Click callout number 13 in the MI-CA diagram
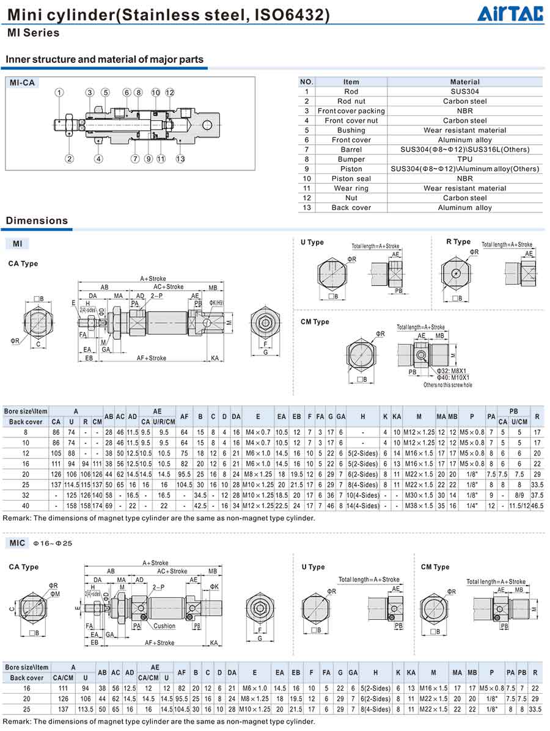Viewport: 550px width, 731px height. click(x=180, y=159)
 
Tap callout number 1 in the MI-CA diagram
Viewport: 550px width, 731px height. click(x=59, y=93)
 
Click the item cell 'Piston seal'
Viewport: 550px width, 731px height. click(x=351, y=178)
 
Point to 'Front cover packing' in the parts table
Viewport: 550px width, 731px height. click(x=351, y=111)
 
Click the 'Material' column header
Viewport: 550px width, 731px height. click(x=464, y=82)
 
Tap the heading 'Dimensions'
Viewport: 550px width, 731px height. click(x=37, y=220)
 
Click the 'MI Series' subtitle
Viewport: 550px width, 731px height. click(x=33, y=33)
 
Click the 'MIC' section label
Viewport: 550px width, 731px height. click(x=17, y=543)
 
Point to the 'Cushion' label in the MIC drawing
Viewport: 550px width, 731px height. click(x=164, y=626)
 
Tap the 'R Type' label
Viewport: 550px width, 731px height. click(x=458, y=242)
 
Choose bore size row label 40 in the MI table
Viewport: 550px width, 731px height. click(x=26, y=505)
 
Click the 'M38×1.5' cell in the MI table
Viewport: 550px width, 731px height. click(x=419, y=505)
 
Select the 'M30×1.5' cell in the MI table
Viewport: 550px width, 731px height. click(x=419, y=495)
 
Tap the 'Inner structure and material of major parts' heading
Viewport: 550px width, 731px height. click(x=105, y=59)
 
